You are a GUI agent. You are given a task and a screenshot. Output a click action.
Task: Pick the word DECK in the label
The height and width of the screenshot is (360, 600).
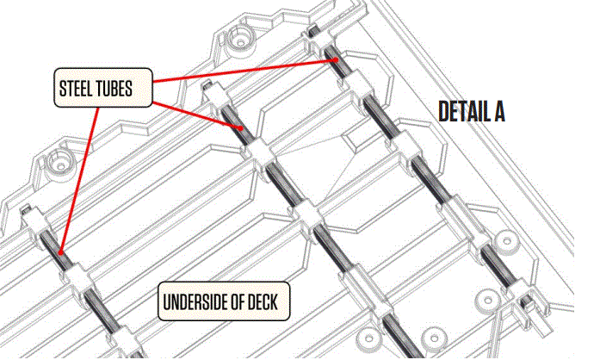coord(270,303)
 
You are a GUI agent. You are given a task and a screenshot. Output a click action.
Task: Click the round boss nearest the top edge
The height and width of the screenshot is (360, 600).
coord(238,40)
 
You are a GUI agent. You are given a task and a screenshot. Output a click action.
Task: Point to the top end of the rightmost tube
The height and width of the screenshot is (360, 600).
coord(316,36)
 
